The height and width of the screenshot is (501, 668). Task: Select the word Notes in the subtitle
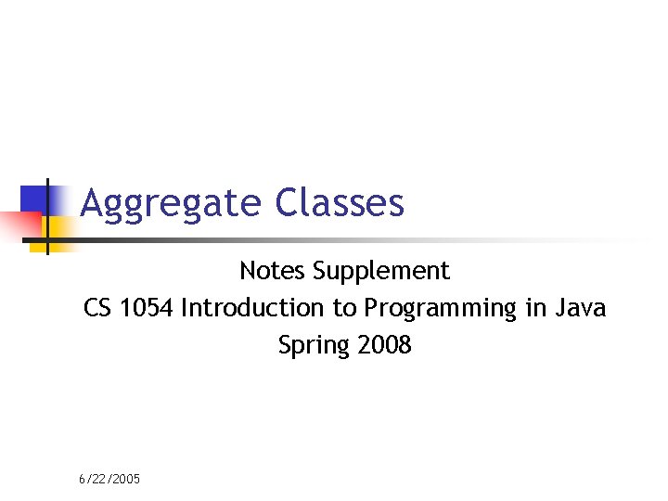point(273,271)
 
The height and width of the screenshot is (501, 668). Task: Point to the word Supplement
point(381,272)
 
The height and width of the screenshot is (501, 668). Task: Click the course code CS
point(97,308)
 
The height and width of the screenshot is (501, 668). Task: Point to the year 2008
point(384,346)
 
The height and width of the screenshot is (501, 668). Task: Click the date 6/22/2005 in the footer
point(109,479)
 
